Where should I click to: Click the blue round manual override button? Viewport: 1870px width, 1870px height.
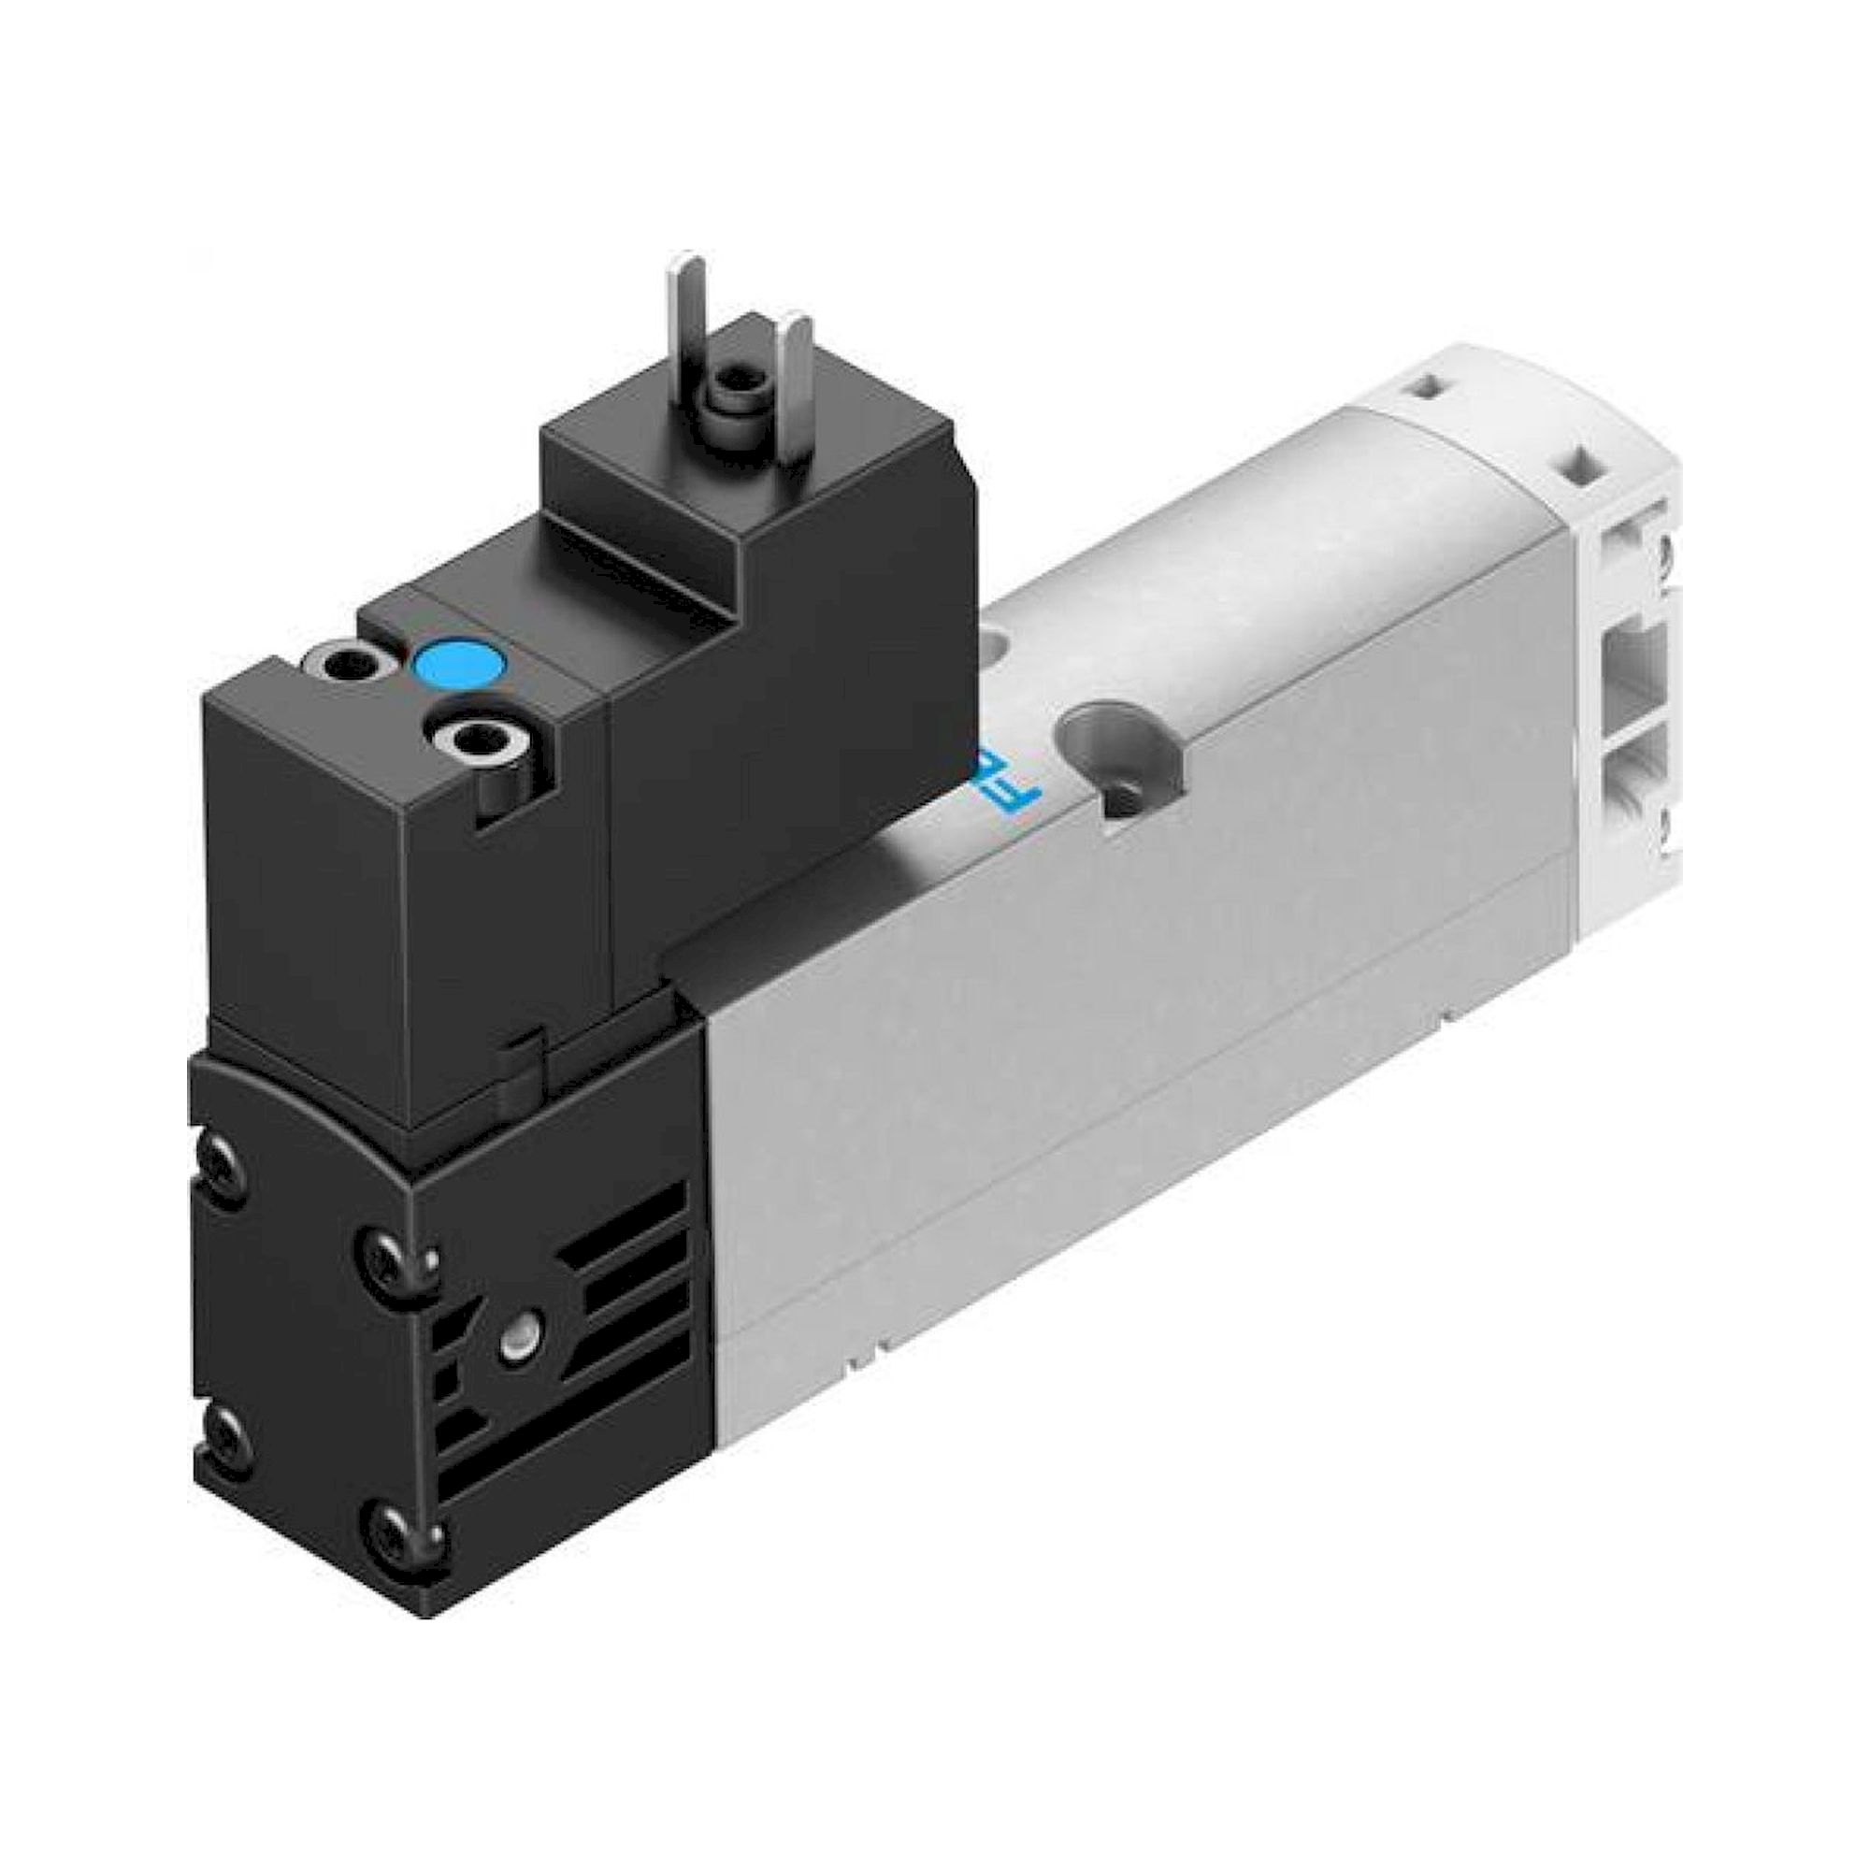459,665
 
